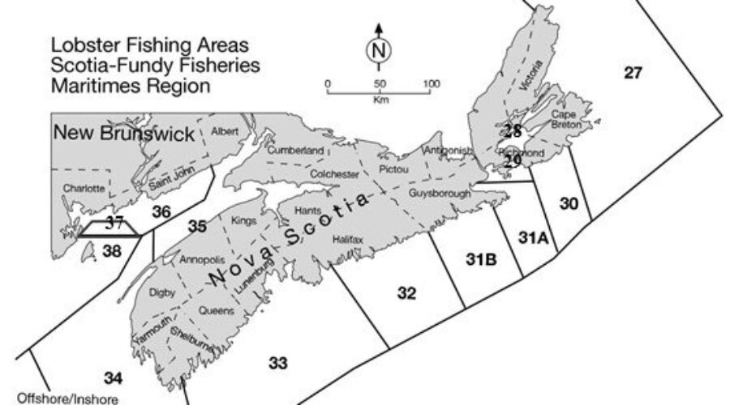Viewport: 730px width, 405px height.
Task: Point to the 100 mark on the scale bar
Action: [x=431, y=83]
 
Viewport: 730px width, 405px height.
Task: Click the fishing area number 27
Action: [x=633, y=74]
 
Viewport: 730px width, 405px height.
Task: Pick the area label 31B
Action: [x=481, y=259]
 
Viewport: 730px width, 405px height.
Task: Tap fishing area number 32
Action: [x=407, y=292]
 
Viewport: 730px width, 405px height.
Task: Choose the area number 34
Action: [x=114, y=377]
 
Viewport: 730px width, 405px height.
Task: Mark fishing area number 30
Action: [x=569, y=204]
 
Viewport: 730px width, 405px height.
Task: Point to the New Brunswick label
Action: [x=123, y=134]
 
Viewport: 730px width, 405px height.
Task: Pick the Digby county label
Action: [x=161, y=292]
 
